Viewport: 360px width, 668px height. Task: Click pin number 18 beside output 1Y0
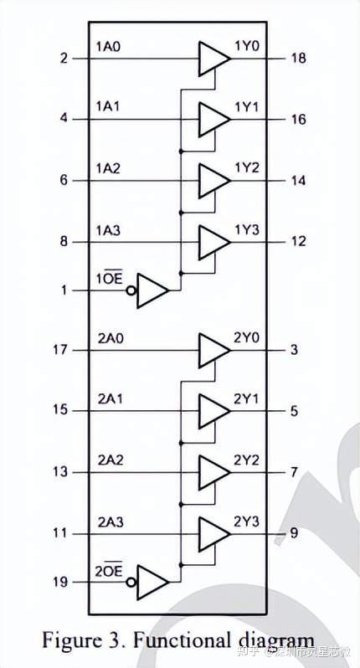tap(298, 58)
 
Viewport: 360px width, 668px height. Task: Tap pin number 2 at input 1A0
tap(64, 58)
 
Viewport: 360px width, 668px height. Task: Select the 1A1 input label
tap(110, 108)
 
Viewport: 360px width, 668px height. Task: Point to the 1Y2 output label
tap(247, 168)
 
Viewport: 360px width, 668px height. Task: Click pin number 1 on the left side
tap(64, 290)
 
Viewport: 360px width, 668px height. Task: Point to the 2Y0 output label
tap(247, 338)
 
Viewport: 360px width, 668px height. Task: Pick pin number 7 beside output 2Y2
tap(294, 472)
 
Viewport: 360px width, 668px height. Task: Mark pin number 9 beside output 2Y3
tap(294, 532)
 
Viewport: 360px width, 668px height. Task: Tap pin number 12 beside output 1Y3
tap(298, 242)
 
